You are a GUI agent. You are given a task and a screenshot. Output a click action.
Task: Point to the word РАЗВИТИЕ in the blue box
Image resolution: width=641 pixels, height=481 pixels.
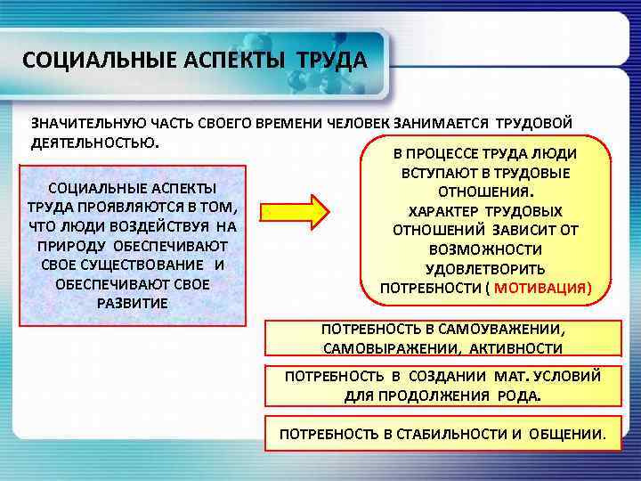[x=131, y=303]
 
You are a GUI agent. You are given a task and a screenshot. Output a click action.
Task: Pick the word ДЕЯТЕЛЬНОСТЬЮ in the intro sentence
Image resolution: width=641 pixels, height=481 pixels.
[x=95, y=143]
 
